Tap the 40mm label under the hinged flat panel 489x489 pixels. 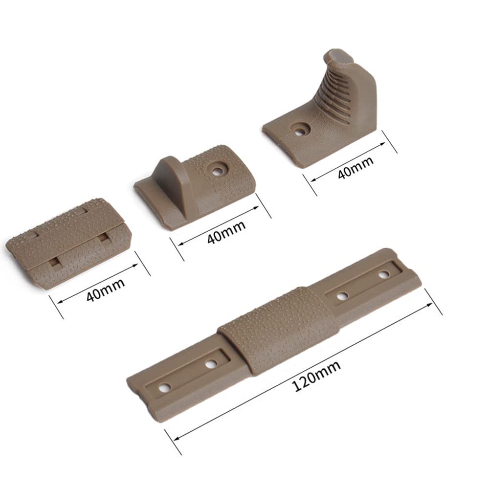click(106, 290)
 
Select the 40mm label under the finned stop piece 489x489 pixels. click(226, 232)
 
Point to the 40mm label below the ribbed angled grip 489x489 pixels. click(356, 167)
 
